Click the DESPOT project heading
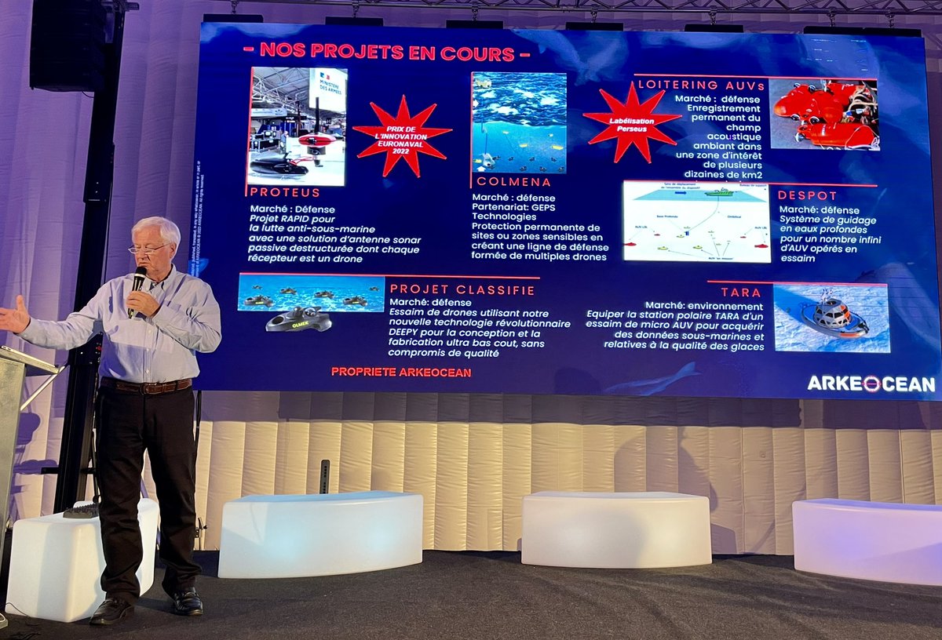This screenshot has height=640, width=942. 808,195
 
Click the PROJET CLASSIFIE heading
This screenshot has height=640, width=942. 462,289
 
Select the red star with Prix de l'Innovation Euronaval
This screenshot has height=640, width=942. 402,136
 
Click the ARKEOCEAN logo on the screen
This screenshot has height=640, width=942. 871,384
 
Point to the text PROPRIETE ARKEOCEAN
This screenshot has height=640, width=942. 401,372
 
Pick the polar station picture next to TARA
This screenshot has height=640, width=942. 831,318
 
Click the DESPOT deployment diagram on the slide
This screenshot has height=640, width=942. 696,222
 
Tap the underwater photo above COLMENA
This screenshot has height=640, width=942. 518,122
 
